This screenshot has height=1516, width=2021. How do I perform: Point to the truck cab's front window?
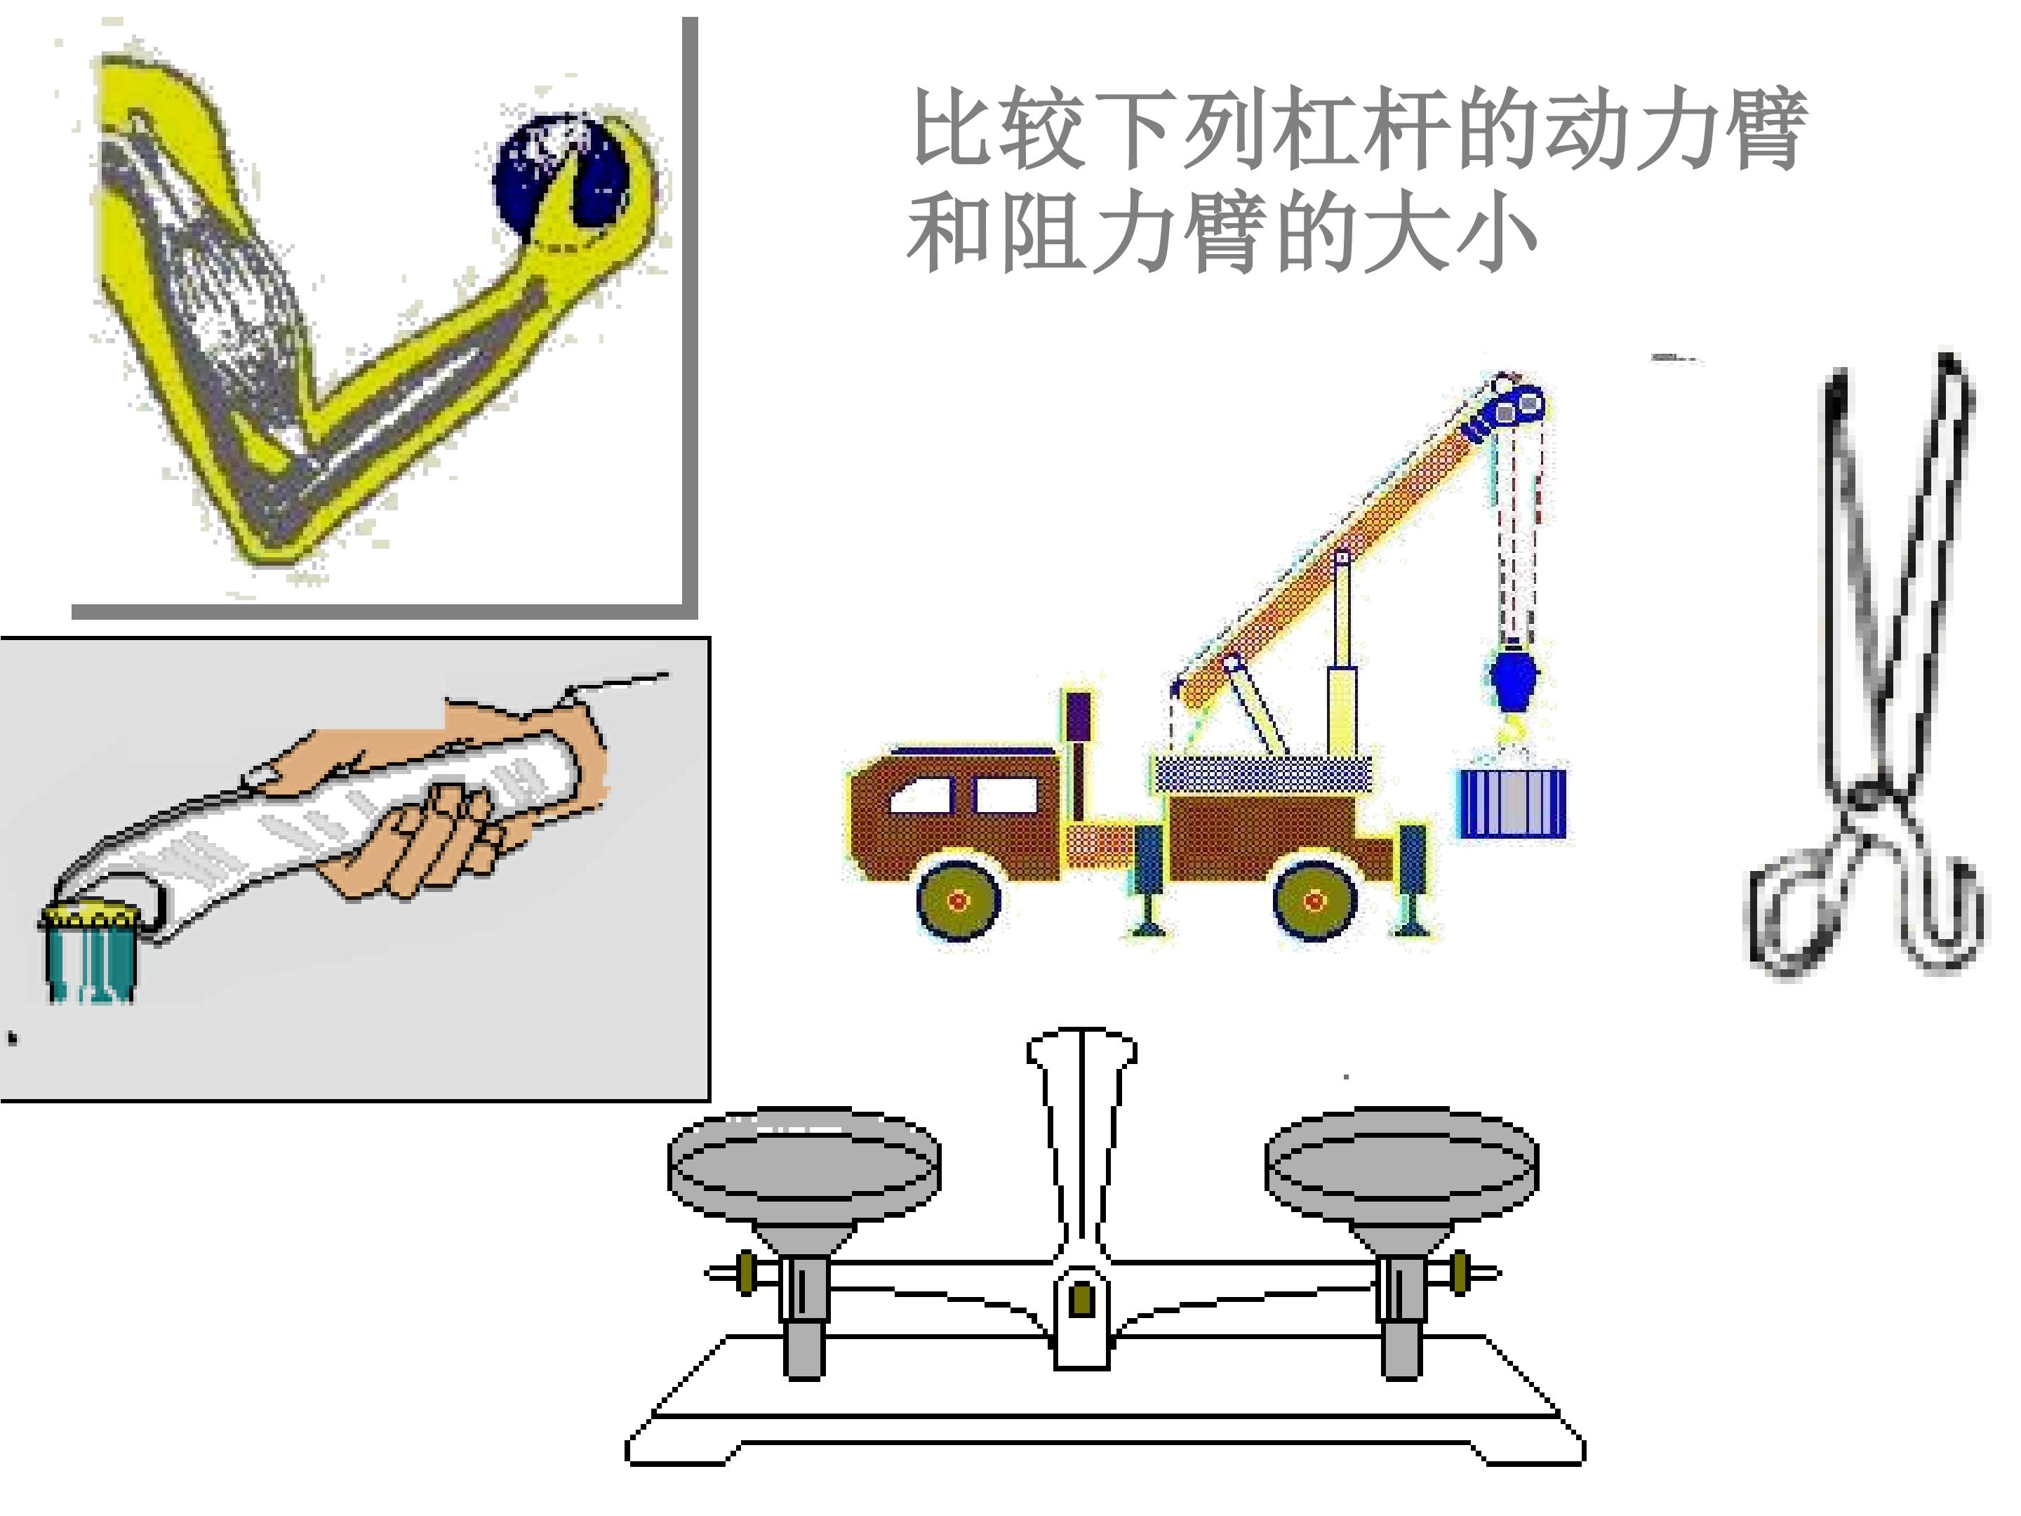[923, 795]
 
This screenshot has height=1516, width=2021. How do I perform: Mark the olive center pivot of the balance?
[1082, 1299]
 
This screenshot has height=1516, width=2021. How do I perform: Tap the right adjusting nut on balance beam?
[1460, 1273]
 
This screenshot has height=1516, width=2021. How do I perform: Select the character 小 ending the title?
[1495, 233]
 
